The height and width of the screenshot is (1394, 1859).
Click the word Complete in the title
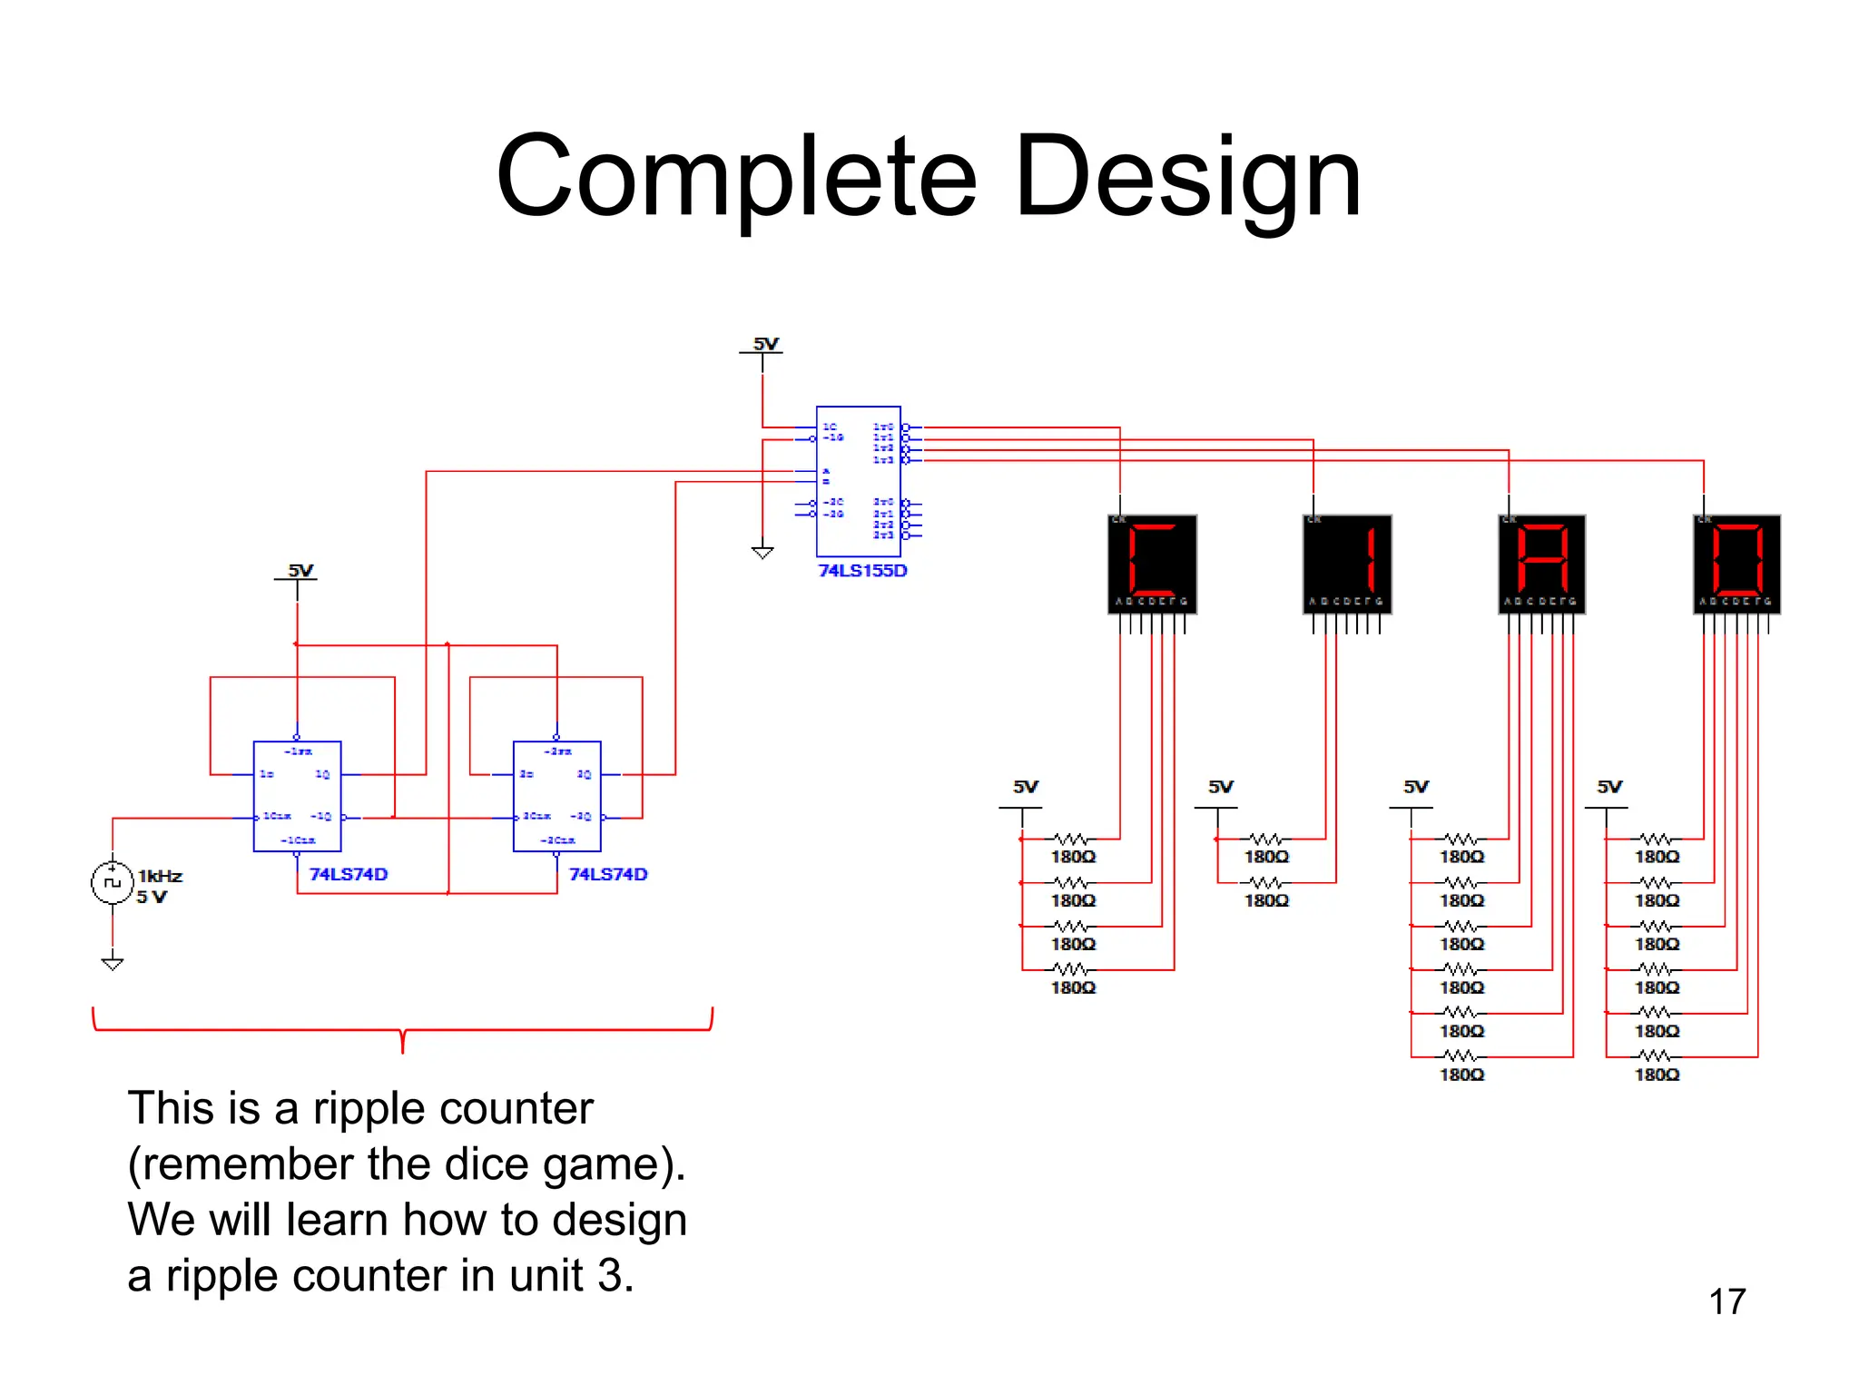pos(736,179)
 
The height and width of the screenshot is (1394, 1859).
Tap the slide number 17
pos(1726,1301)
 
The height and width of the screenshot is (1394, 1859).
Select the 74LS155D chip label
pos(862,571)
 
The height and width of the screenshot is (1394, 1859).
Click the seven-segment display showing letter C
pos(1152,563)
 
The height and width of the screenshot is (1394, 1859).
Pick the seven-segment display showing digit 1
pos(1347,563)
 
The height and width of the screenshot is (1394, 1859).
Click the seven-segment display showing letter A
pos(1541,563)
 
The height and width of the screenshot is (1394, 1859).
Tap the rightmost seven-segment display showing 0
pos(1736,563)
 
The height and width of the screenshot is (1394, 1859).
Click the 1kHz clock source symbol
pos(113,882)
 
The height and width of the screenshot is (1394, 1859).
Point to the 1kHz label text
pos(161,876)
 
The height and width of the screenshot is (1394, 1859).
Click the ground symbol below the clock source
pos(113,963)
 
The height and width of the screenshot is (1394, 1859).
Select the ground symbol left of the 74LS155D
pos(762,552)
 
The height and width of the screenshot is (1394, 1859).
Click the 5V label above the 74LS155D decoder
pos(765,344)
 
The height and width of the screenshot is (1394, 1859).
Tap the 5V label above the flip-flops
pos(300,571)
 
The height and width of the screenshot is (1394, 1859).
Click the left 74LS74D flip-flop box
pos(297,796)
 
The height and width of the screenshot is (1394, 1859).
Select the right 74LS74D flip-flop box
pos(556,796)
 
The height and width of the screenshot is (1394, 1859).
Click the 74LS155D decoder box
pos(858,481)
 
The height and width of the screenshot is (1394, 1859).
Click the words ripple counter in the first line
pos(453,1109)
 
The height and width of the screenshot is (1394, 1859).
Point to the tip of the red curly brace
pos(402,1051)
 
